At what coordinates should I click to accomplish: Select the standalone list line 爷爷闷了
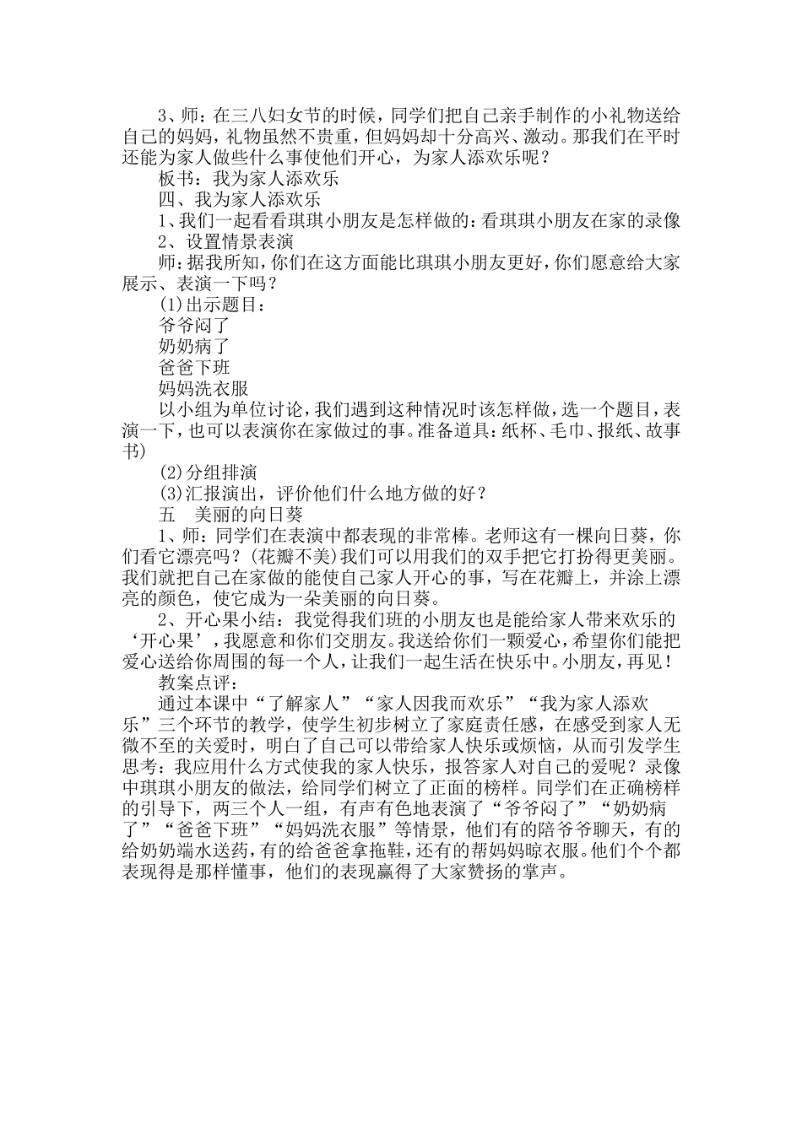click(x=193, y=325)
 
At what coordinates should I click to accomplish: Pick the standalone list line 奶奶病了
click(x=193, y=346)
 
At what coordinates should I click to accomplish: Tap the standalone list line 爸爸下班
click(x=193, y=367)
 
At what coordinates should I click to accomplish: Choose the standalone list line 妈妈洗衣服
click(x=203, y=388)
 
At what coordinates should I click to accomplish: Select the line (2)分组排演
click(x=207, y=472)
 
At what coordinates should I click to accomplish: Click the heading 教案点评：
click(x=198, y=661)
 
